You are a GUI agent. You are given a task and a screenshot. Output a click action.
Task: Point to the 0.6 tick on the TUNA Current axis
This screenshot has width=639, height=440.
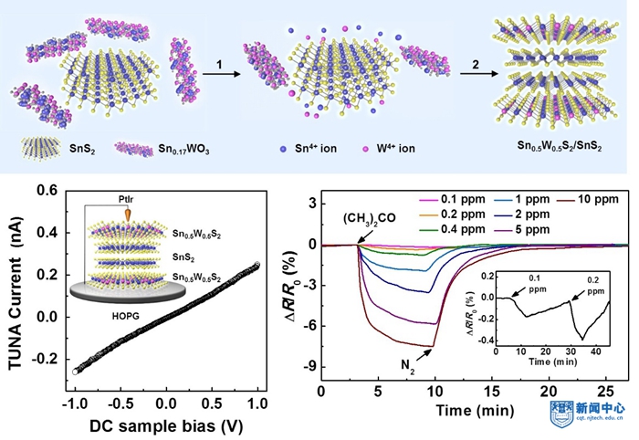coord(48,190)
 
